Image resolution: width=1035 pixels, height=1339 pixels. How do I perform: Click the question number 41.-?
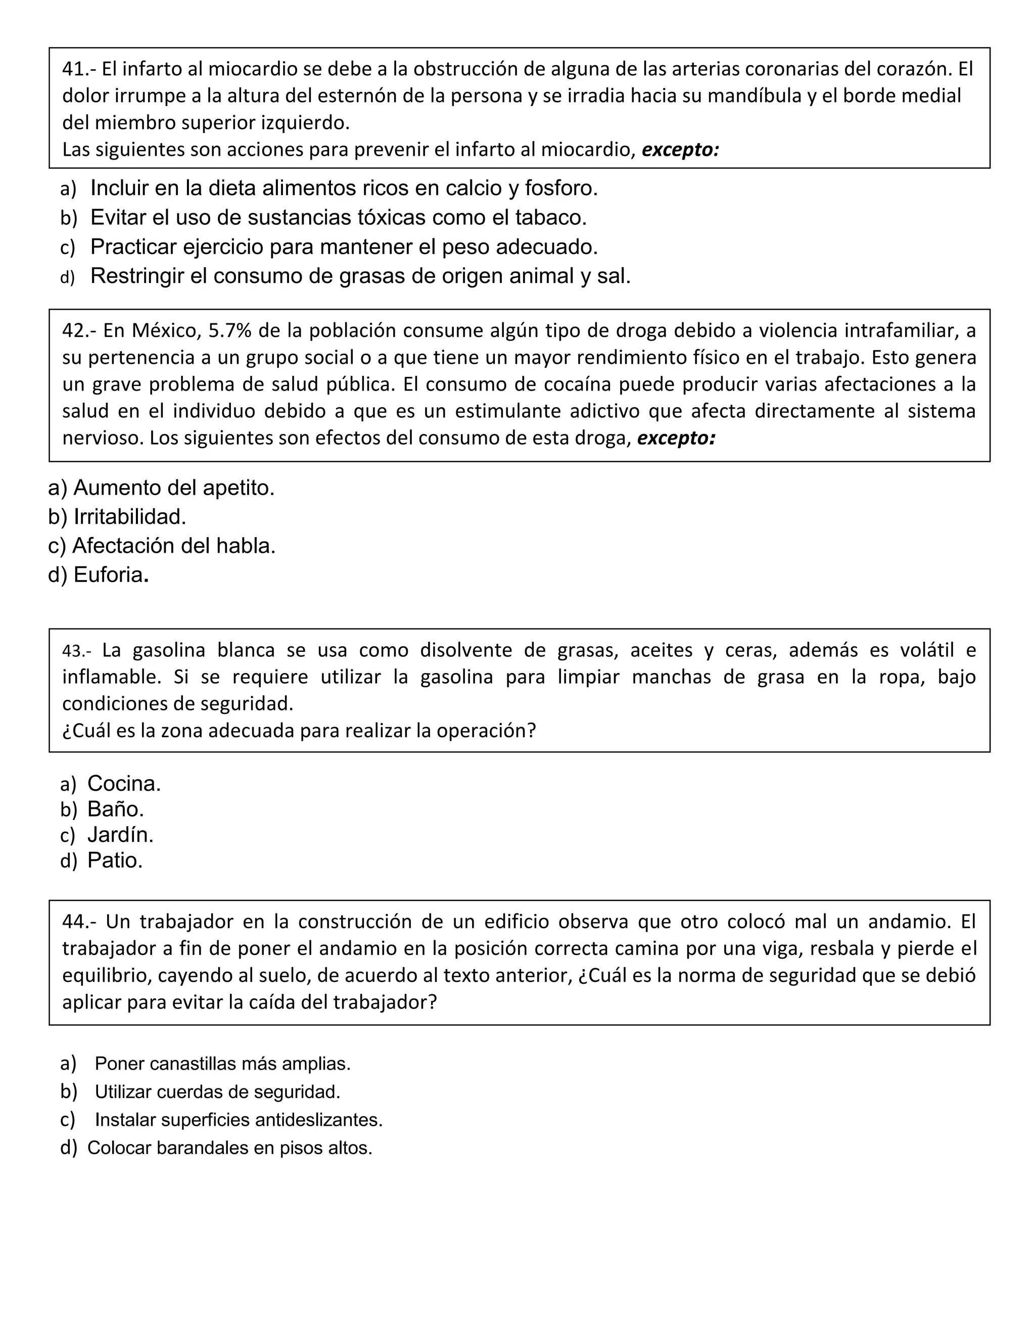coord(79,69)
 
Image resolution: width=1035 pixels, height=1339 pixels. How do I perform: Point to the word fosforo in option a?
coord(560,188)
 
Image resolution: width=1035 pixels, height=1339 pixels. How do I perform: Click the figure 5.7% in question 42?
coord(230,331)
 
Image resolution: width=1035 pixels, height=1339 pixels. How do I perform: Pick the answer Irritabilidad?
coord(129,517)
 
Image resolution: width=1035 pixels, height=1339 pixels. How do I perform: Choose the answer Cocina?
coord(124,784)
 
